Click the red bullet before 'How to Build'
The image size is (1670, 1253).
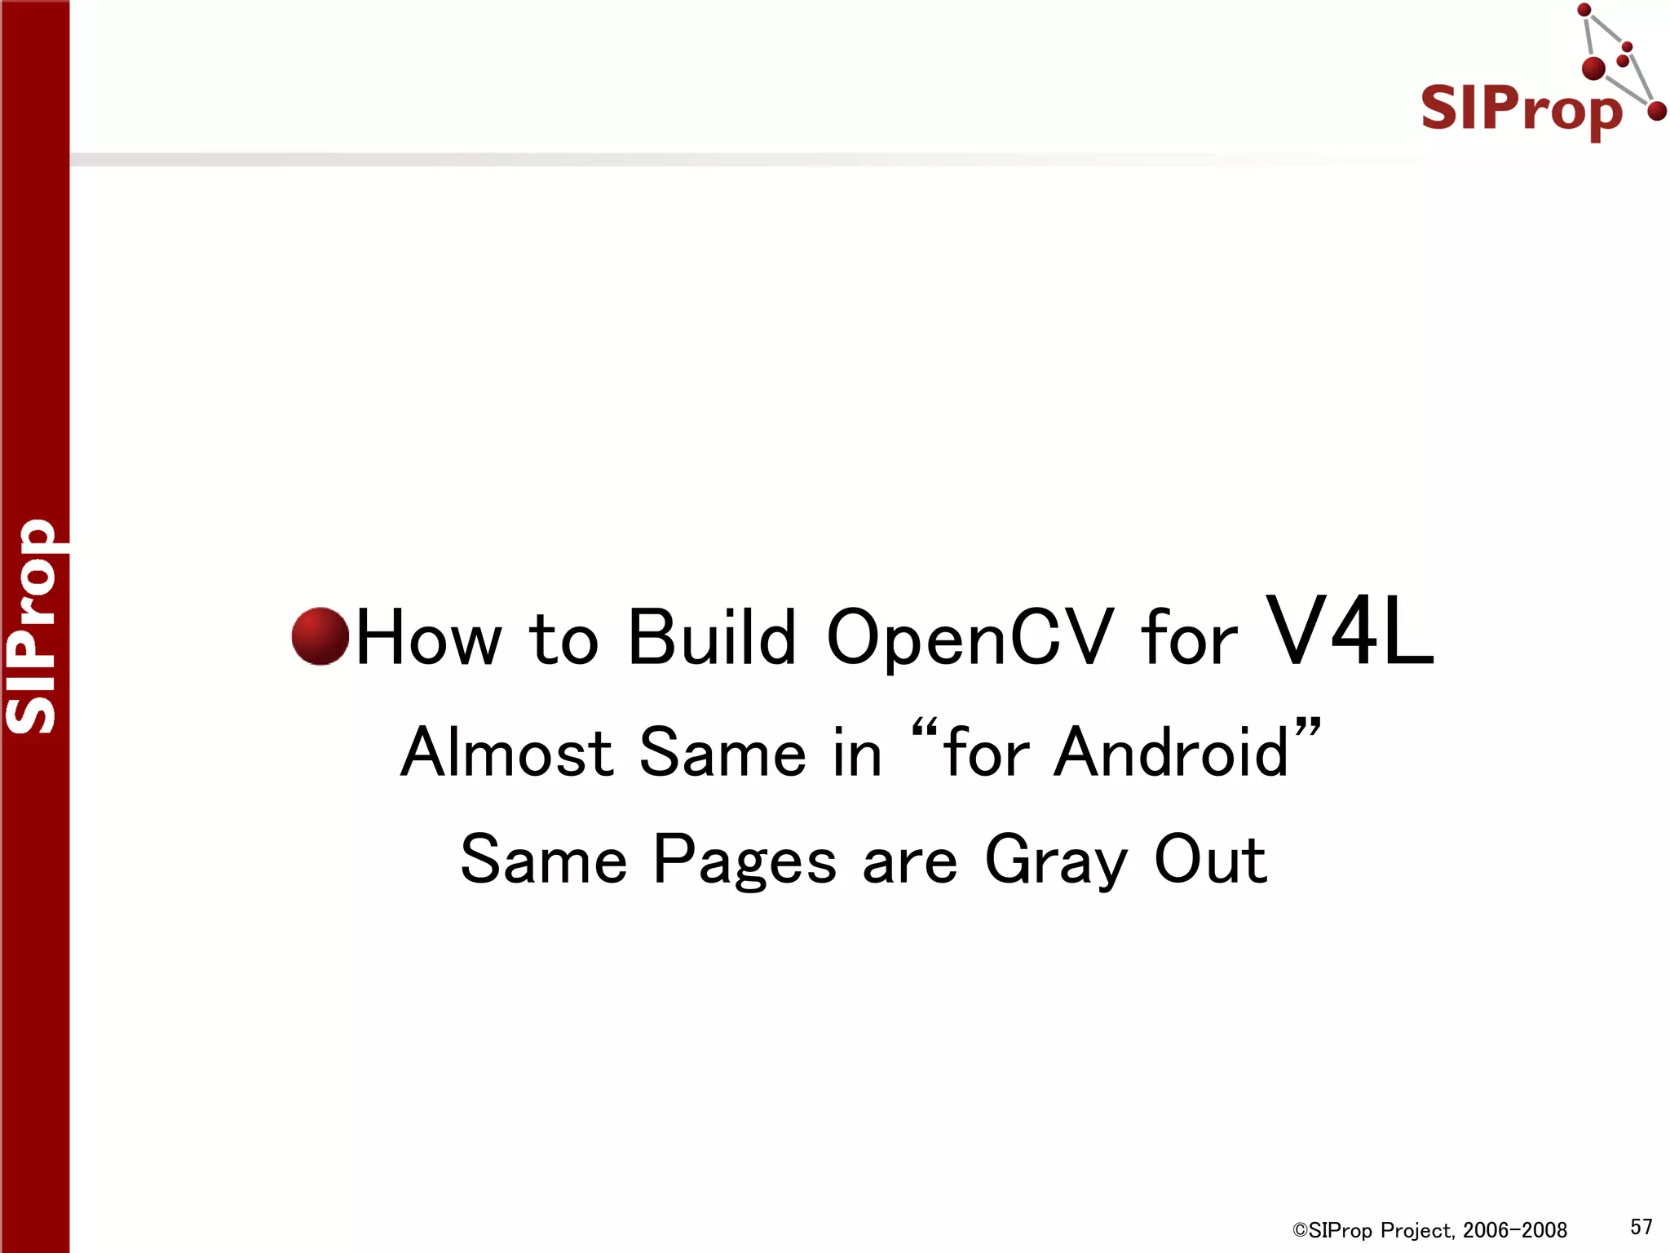[x=320, y=636]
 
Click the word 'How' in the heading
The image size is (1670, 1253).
[x=429, y=638]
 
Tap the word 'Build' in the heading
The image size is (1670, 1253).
[x=711, y=638]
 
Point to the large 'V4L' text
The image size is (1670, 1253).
[x=1350, y=631]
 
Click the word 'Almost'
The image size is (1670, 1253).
[x=506, y=752]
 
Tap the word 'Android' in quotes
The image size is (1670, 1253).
[x=1171, y=752]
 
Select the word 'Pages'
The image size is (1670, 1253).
[x=744, y=861]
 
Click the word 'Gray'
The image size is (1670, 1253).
[x=1055, y=861]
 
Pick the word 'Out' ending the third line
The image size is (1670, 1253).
[x=1210, y=860]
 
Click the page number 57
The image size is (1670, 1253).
[x=1641, y=1227]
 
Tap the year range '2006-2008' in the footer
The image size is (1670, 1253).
[x=1515, y=1230]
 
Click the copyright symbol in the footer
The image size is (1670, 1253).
[x=1300, y=1230]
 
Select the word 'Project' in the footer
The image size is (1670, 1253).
[x=1417, y=1230]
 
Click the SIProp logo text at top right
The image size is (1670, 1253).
[x=1522, y=109]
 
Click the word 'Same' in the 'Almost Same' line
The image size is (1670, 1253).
[x=722, y=752]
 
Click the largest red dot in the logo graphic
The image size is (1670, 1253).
[x=1593, y=69]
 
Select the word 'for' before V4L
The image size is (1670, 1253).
[x=1189, y=638]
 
